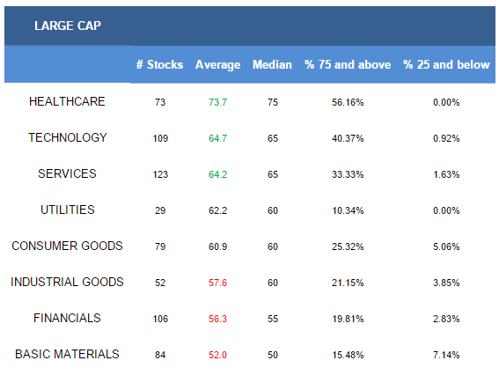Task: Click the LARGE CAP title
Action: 68,26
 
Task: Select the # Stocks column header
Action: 160,64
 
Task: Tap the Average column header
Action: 217,65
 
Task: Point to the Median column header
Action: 272,64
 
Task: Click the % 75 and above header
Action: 348,64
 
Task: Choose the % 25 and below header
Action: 446,64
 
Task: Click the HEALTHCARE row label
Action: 67,101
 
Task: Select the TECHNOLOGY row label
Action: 68,137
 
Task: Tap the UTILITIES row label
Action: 68,210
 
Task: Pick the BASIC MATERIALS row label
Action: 67,354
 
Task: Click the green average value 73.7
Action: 217,102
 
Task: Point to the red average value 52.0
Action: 217,355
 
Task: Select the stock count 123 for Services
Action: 160,174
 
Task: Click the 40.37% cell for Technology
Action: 348,138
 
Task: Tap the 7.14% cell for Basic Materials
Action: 446,355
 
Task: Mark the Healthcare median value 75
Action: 273,102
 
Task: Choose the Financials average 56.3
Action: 217,319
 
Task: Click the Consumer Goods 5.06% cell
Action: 446,247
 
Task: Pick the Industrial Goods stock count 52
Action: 160,283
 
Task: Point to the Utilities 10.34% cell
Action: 348,210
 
